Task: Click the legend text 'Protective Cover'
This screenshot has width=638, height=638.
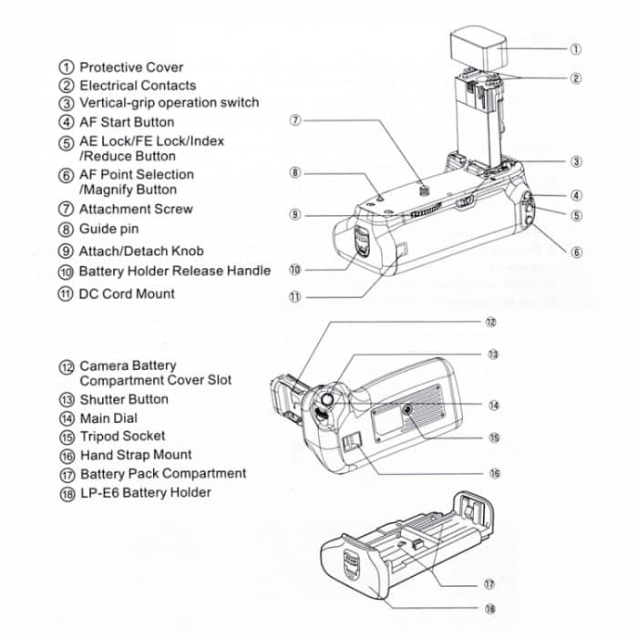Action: tap(130, 67)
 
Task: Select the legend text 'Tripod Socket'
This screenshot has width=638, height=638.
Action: tap(122, 436)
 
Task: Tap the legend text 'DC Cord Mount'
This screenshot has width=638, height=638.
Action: tap(127, 293)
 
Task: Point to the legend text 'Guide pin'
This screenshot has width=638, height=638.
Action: tap(110, 229)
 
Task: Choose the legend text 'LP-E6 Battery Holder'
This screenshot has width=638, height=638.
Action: tap(145, 492)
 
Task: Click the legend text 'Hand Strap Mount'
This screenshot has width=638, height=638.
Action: tap(135, 455)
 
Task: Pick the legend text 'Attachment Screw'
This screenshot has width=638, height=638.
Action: tap(136, 209)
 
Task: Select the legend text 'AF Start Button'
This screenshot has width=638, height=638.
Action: tap(127, 121)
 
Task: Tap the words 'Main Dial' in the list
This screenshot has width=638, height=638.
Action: tap(108, 418)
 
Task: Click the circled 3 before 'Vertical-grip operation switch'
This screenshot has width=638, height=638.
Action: tap(67, 104)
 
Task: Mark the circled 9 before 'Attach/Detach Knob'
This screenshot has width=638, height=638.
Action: tap(67, 252)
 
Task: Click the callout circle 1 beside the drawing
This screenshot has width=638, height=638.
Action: tap(576, 48)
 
